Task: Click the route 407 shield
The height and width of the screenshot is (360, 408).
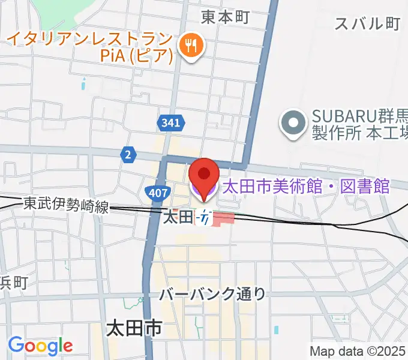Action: (x=155, y=192)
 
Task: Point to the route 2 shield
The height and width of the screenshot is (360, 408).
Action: (x=128, y=154)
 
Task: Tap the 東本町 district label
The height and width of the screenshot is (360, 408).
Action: (x=225, y=17)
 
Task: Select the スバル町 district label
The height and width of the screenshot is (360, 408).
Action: (x=367, y=23)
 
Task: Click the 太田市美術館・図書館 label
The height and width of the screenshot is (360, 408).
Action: (x=306, y=187)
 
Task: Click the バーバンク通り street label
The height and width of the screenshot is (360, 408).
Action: (x=212, y=294)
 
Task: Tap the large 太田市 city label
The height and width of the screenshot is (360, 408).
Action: (x=134, y=329)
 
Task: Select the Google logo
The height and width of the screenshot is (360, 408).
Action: (x=40, y=346)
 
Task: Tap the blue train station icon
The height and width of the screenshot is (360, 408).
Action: (x=206, y=219)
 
